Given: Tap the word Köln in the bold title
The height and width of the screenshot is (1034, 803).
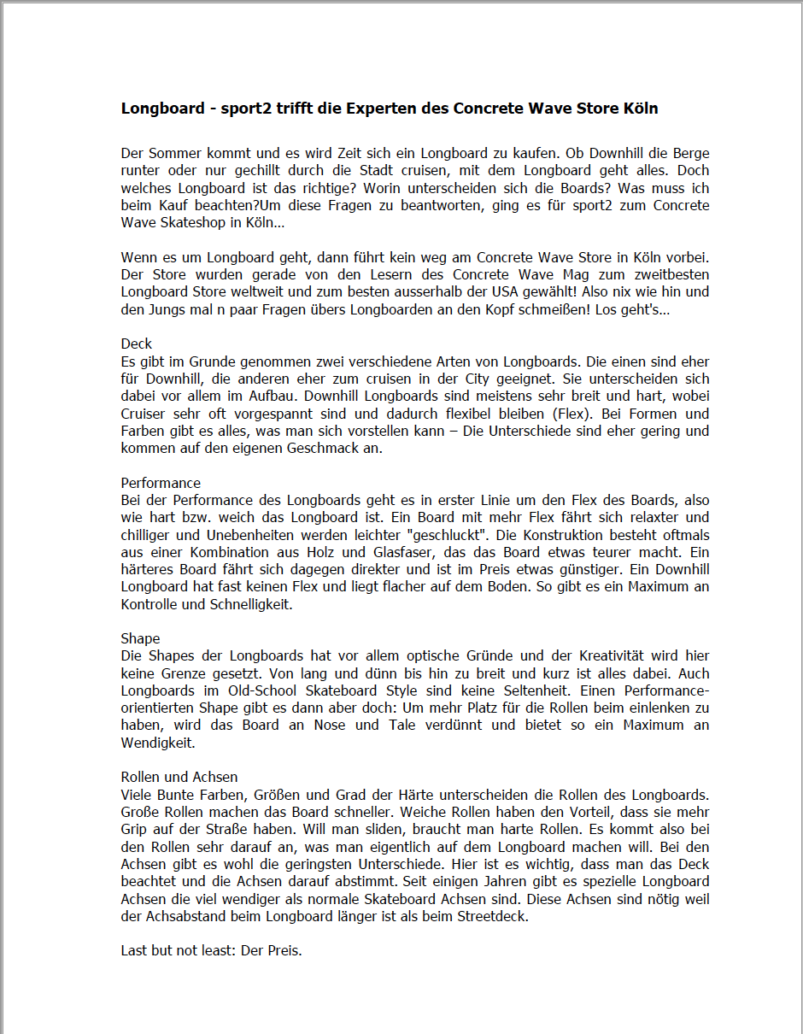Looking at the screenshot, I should point(639,109).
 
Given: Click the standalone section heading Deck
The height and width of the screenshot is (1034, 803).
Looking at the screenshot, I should point(137,344).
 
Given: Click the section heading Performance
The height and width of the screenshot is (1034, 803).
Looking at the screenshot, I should point(161,483).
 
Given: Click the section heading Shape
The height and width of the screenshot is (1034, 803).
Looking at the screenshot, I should point(140,638).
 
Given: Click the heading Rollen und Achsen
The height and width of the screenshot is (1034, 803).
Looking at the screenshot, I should point(179,777).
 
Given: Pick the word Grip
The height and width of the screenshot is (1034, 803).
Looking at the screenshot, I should point(135,829).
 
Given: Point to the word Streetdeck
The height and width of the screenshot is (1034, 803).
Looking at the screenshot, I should point(492,916).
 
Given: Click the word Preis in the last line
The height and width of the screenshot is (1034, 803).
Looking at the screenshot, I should point(284,950).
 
